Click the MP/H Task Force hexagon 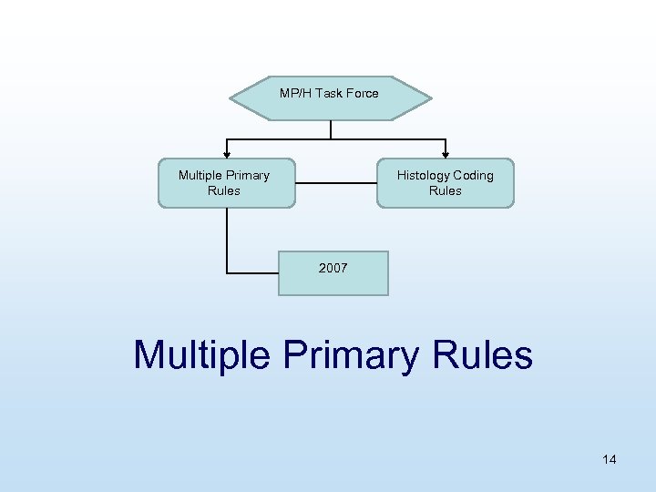coord(330,98)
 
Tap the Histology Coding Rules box coord(445,183)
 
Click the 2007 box coord(333,273)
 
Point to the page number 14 coord(610,459)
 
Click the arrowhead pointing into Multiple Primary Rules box coord(226,154)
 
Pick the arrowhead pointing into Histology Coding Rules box coord(445,154)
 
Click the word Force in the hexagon coord(361,93)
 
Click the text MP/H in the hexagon coord(294,93)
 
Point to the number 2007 coord(333,268)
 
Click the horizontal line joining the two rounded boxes coord(335,183)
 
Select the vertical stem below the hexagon coord(331,129)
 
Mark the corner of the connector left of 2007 coord(227,272)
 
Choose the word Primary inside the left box coord(248,175)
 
